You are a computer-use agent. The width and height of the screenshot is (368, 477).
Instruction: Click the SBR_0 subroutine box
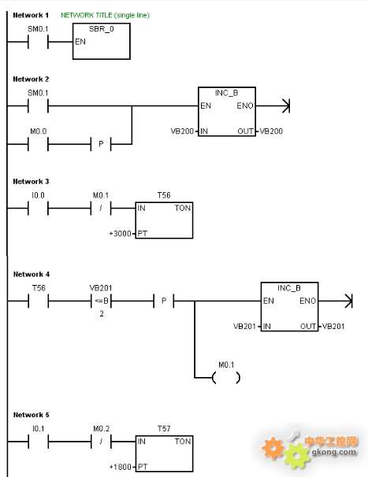pyautogui.click(x=102, y=41)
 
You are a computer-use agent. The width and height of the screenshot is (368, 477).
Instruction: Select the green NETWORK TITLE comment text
pyautogui.click(x=105, y=15)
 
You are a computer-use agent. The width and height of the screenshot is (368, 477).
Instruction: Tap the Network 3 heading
pyautogui.click(x=31, y=182)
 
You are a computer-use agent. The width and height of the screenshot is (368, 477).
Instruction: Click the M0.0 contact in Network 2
pyautogui.click(x=38, y=144)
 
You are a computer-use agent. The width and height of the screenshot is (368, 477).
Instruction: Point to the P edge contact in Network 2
pyautogui.click(x=101, y=144)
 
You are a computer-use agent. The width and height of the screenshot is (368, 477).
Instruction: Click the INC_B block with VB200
pyautogui.click(x=227, y=112)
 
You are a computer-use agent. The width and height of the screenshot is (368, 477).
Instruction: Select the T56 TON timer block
pyautogui.click(x=164, y=220)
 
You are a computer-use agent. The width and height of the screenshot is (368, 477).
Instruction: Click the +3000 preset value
pyautogui.click(x=120, y=234)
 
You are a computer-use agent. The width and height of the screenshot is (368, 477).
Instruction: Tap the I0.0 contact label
pyautogui.click(x=38, y=195)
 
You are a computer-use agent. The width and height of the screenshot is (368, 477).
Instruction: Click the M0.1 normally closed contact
pyautogui.click(x=101, y=209)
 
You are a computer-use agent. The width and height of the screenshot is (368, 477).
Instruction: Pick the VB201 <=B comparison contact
pyautogui.click(x=101, y=301)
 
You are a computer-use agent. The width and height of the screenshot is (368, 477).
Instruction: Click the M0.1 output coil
pyautogui.click(x=226, y=378)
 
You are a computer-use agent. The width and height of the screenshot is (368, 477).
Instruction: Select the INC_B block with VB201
pyautogui.click(x=289, y=307)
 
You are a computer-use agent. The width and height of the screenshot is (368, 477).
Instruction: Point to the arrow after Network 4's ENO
pyautogui.click(x=336, y=301)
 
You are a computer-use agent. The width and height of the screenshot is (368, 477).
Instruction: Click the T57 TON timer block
pyautogui.click(x=164, y=453)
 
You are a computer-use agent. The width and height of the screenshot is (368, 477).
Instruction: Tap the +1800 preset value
pyautogui.click(x=120, y=467)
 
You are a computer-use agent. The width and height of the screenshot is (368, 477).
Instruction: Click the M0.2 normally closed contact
pyautogui.click(x=101, y=442)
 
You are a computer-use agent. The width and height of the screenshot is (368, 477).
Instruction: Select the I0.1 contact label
pyautogui.click(x=39, y=429)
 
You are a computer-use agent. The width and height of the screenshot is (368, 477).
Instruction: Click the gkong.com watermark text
pyautogui.click(x=333, y=452)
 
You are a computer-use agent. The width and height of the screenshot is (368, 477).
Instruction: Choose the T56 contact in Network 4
pyautogui.click(x=39, y=301)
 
